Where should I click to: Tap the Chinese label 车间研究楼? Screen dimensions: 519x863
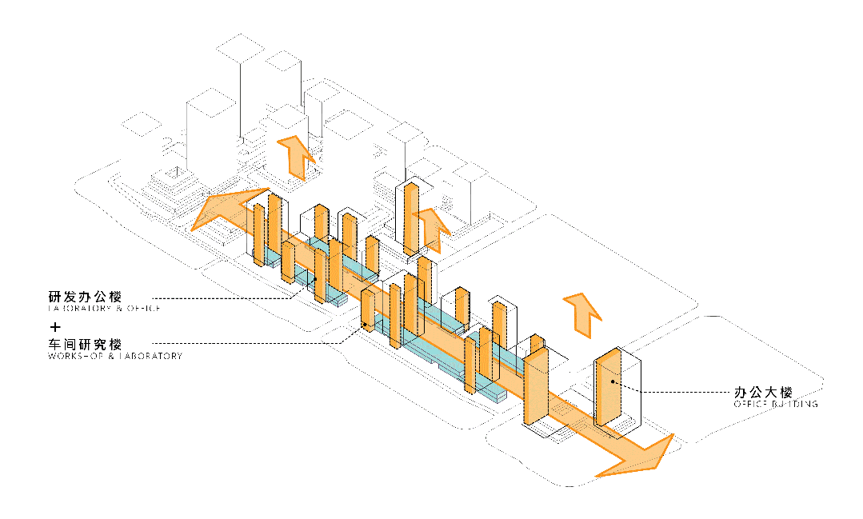point(84,345)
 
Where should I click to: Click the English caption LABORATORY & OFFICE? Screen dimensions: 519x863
point(104,309)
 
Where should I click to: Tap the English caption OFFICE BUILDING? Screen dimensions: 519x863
point(775,405)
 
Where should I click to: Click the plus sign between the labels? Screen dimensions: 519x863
point(55,327)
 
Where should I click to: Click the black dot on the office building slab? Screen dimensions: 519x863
point(613,382)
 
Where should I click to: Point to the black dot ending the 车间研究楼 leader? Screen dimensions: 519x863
point(366,324)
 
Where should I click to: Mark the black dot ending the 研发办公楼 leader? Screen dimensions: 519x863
point(316,279)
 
